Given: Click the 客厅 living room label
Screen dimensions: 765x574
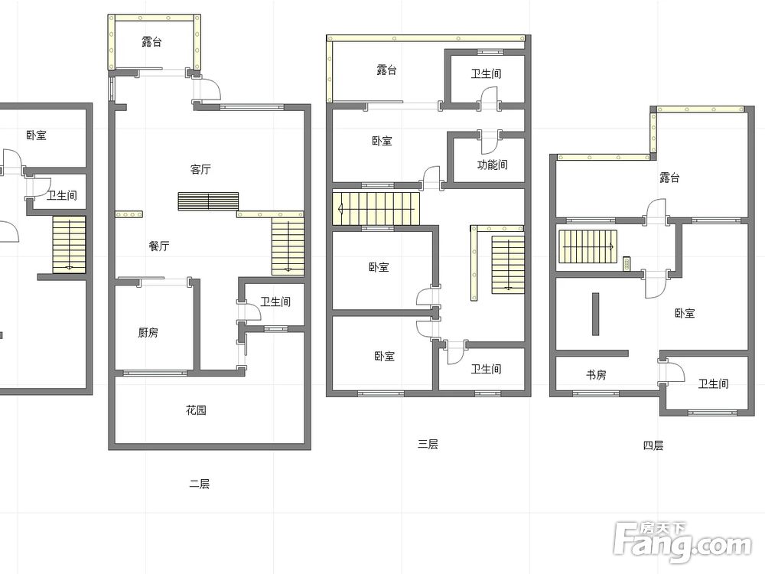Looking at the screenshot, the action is [x=200, y=169].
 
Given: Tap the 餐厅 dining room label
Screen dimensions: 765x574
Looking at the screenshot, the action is [x=159, y=246].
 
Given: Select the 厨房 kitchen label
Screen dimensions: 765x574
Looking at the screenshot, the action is [x=148, y=333].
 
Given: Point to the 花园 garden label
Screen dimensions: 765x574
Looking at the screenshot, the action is [x=196, y=410].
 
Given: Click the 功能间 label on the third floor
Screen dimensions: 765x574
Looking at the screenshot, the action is [x=492, y=165].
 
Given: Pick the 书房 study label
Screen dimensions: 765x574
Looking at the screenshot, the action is [x=596, y=375].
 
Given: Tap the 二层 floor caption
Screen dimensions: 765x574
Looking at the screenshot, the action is [x=200, y=484].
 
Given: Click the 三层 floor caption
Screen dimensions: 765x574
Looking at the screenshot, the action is [x=428, y=444].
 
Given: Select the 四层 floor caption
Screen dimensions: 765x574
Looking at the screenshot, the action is [x=653, y=445].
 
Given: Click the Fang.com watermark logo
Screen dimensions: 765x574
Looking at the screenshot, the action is [x=682, y=541].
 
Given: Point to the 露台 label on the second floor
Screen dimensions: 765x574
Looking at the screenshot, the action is [x=151, y=41].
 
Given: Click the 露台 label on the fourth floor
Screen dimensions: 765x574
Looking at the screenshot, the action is [x=669, y=178].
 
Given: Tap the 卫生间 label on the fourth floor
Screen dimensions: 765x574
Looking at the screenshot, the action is [x=713, y=383].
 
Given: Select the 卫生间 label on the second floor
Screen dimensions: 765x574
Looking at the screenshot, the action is [x=275, y=302].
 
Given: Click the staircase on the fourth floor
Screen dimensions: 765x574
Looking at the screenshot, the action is [x=588, y=246].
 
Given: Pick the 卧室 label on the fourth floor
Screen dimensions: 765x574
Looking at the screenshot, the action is [x=685, y=313].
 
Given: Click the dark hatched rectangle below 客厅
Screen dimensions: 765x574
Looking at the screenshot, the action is [x=208, y=201].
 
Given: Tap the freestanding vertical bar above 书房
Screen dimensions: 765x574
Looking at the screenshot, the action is [x=595, y=314].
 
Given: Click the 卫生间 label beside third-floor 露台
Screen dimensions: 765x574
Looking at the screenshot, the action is [x=486, y=73].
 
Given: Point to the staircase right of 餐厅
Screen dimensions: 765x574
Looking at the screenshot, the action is [x=288, y=246].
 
